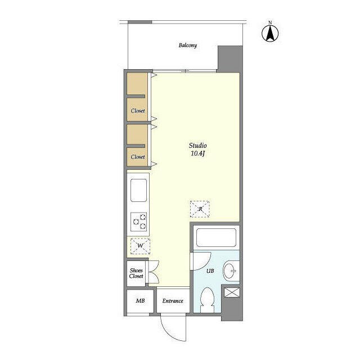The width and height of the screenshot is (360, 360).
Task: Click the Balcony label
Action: pos(187,45)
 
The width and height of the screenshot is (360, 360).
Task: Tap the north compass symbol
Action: pos(270,32)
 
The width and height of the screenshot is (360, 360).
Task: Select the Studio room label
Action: pos(197,145)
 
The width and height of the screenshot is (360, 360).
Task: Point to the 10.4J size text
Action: pos(197,154)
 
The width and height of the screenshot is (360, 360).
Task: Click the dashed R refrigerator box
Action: pos(200,209)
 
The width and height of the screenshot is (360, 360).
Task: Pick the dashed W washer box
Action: pos(140,246)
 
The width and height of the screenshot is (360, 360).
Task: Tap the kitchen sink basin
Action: pos(139,190)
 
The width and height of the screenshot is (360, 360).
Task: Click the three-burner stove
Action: pos(139,222)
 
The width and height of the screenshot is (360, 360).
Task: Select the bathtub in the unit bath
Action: pos(216,237)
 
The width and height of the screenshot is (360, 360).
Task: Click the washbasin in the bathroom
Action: pos(231,271)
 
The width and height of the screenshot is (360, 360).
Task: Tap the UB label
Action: pos(210,271)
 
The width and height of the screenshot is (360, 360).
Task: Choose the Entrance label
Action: pos(173,301)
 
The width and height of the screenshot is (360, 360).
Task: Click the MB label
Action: pos(140,300)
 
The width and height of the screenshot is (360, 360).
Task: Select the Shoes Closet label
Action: pos(136,273)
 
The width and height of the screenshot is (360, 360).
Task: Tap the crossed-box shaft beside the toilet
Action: pos(232,292)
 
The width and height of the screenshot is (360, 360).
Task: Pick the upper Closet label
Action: pos(138,111)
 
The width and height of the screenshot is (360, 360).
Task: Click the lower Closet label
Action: pos(138,157)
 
